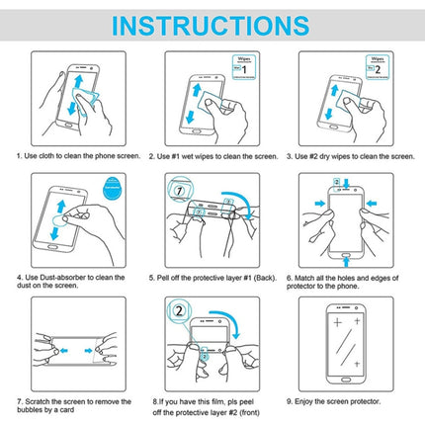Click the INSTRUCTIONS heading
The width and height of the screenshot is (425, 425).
[212, 24]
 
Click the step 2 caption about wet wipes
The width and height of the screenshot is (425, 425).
[212, 156]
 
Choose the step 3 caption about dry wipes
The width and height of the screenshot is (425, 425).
[353, 156]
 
